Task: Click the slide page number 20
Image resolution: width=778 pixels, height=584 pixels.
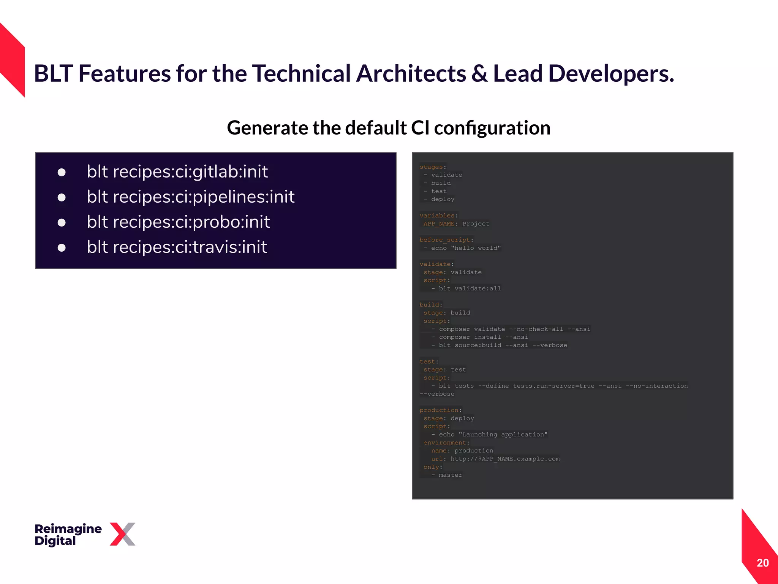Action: click(762, 563)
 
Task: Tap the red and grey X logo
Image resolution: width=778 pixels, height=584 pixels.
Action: click(122, 534)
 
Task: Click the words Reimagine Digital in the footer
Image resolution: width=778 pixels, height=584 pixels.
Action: click(68, 534)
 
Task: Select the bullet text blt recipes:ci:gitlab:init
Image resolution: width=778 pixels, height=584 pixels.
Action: click(177, 171)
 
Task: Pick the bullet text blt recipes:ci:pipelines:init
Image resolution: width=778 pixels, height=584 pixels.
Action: click(190, 197)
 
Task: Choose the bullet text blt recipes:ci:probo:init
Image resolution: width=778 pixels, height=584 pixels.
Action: click(178, 222)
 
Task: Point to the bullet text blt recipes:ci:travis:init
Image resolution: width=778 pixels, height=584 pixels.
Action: click(177, 247)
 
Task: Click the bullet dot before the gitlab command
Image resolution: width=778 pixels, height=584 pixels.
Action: click(62, 173)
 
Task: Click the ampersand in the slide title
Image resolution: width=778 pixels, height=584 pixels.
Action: click(479, 74)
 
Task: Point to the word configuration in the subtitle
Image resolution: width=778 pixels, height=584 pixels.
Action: click(492, 128)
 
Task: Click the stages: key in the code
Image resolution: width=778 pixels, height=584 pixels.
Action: click(433, 167)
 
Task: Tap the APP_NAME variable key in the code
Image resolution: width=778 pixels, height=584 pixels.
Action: click(439, 224)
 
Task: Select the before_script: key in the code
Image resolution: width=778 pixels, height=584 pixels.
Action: click(446, 240)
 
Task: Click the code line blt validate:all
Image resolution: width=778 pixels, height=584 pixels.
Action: click(470, 289)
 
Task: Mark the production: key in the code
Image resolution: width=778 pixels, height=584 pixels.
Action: click(440, 410)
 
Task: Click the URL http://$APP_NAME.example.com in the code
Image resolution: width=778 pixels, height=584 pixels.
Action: click(505, 459)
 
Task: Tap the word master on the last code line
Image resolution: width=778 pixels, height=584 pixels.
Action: click(451, 475)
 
